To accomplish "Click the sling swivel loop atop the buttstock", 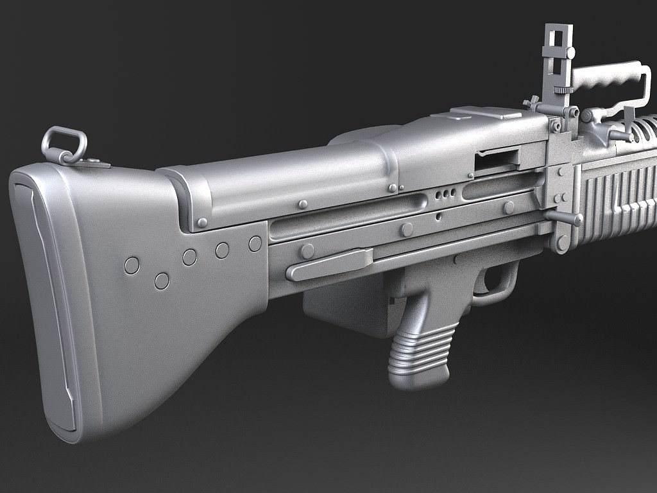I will [64, 143].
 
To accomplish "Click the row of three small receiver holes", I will [445, 193].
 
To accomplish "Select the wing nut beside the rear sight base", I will [531, 103].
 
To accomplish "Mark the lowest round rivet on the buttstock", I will [162, 281].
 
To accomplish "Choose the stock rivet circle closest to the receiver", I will [255, 244].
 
